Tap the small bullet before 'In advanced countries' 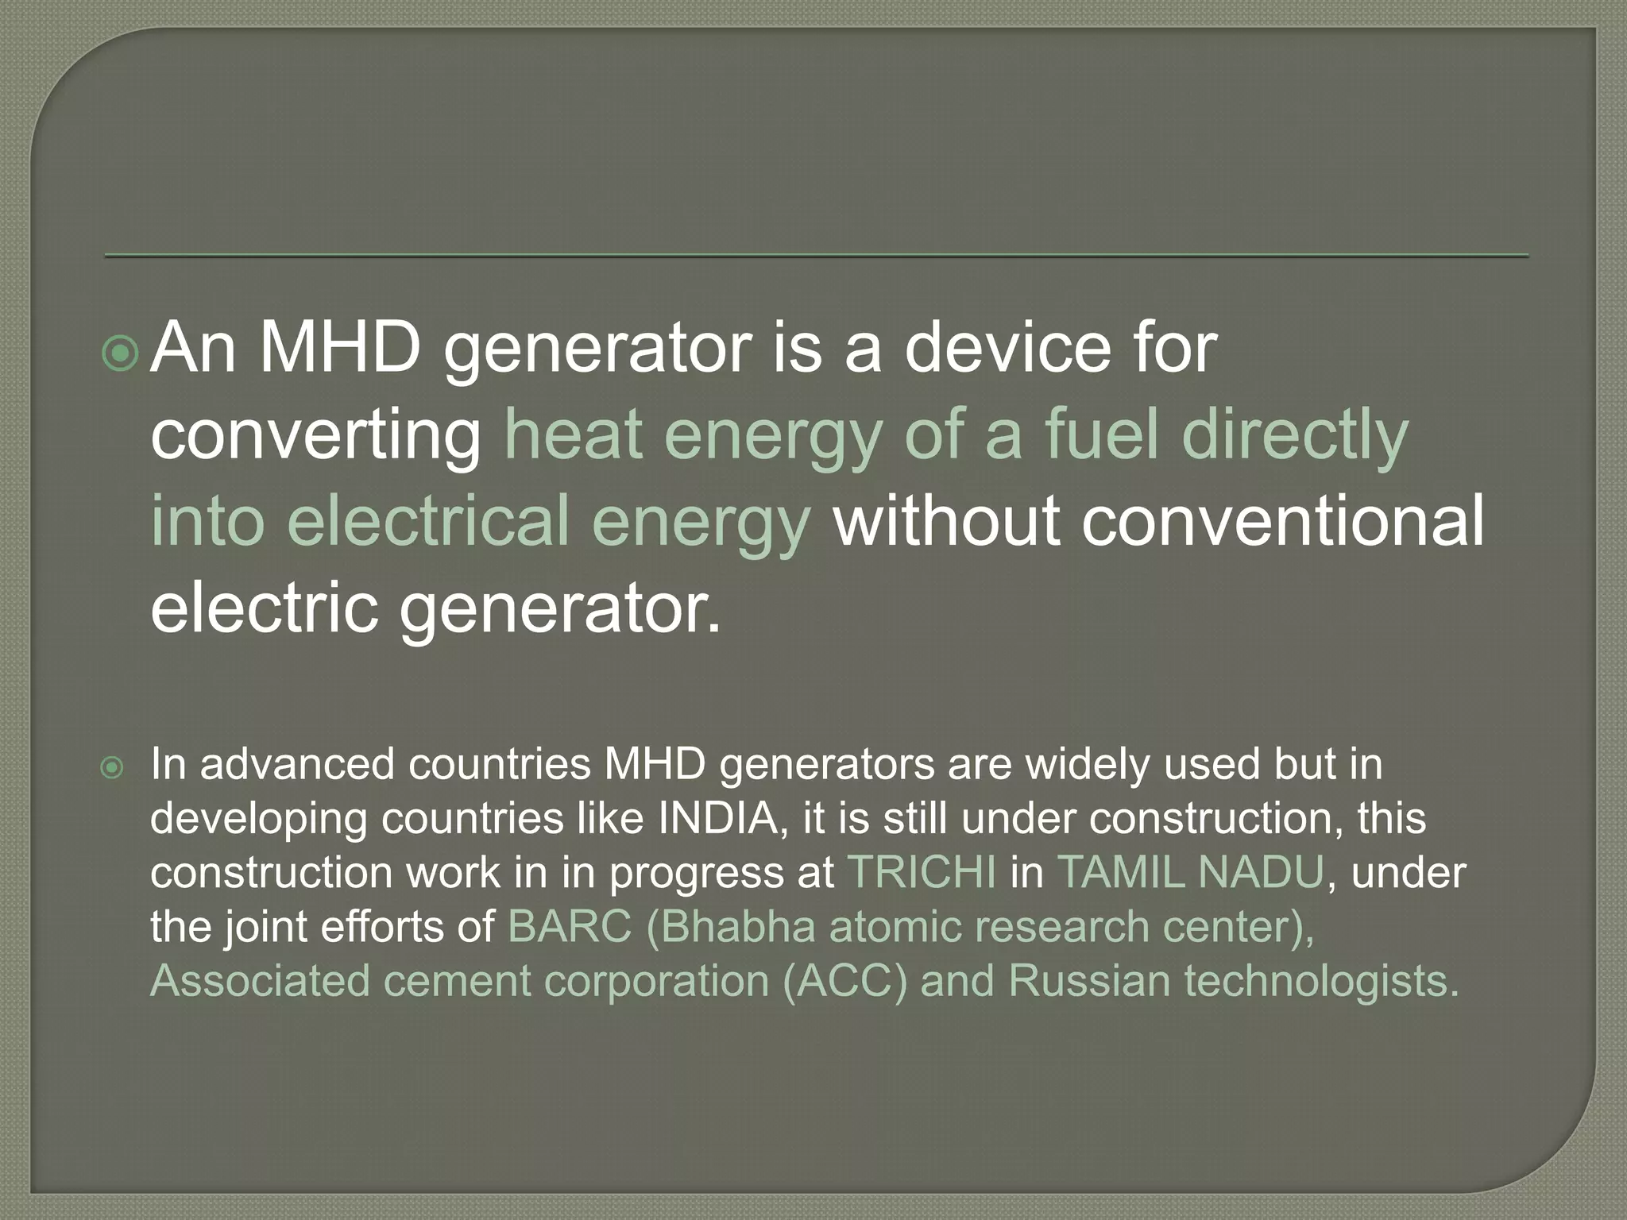[x=113, y=767]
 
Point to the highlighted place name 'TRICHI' [x=921, y=872]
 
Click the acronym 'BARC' [x=569, y=926]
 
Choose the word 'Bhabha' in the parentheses [x=737, y=926]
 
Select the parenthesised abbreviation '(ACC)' [x=844, y=981]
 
